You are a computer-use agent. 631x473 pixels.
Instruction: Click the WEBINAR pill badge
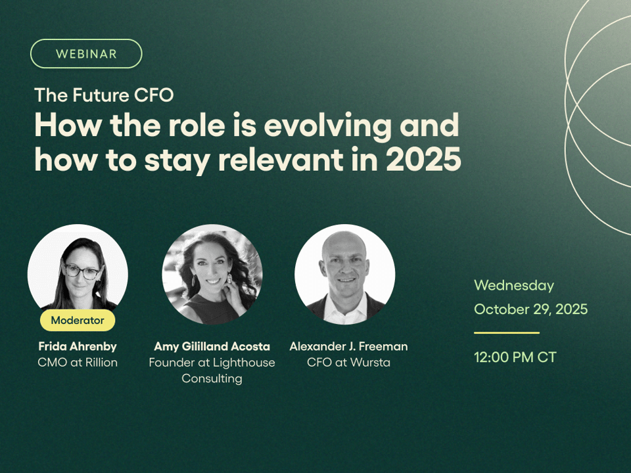(x=86, y=53)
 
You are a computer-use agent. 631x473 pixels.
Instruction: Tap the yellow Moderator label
(x=78, y=320)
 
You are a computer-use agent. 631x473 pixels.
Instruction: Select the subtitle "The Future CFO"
(x=104, y=95)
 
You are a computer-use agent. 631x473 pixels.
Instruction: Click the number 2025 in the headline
(x=423, y=159)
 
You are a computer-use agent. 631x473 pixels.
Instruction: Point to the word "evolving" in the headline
(x=327, y=125)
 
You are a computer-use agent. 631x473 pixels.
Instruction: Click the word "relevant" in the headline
(x=281, y=159)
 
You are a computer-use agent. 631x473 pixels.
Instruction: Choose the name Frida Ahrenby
(x=78, y=346)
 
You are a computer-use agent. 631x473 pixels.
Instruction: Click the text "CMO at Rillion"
(x=78, y=363)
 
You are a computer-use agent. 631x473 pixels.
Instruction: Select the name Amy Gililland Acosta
(x=212, y=346)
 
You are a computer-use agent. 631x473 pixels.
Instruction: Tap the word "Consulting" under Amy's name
(x=212, y=379)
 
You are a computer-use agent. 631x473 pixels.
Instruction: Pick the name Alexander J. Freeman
(x=348, y=346)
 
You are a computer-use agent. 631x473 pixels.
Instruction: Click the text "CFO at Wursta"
(x=348, y=363)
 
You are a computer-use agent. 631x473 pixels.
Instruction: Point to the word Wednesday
(x=514, y=286)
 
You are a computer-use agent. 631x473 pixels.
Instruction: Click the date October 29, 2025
(x=531, y=309)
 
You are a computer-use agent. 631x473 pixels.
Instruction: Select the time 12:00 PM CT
(x=515, y=357)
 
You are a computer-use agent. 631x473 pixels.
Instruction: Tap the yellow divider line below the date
(x=507, y=332)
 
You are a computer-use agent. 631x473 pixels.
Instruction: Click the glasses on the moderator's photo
(x=82, y=271)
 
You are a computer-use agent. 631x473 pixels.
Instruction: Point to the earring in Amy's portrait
(x=229, y=279)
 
